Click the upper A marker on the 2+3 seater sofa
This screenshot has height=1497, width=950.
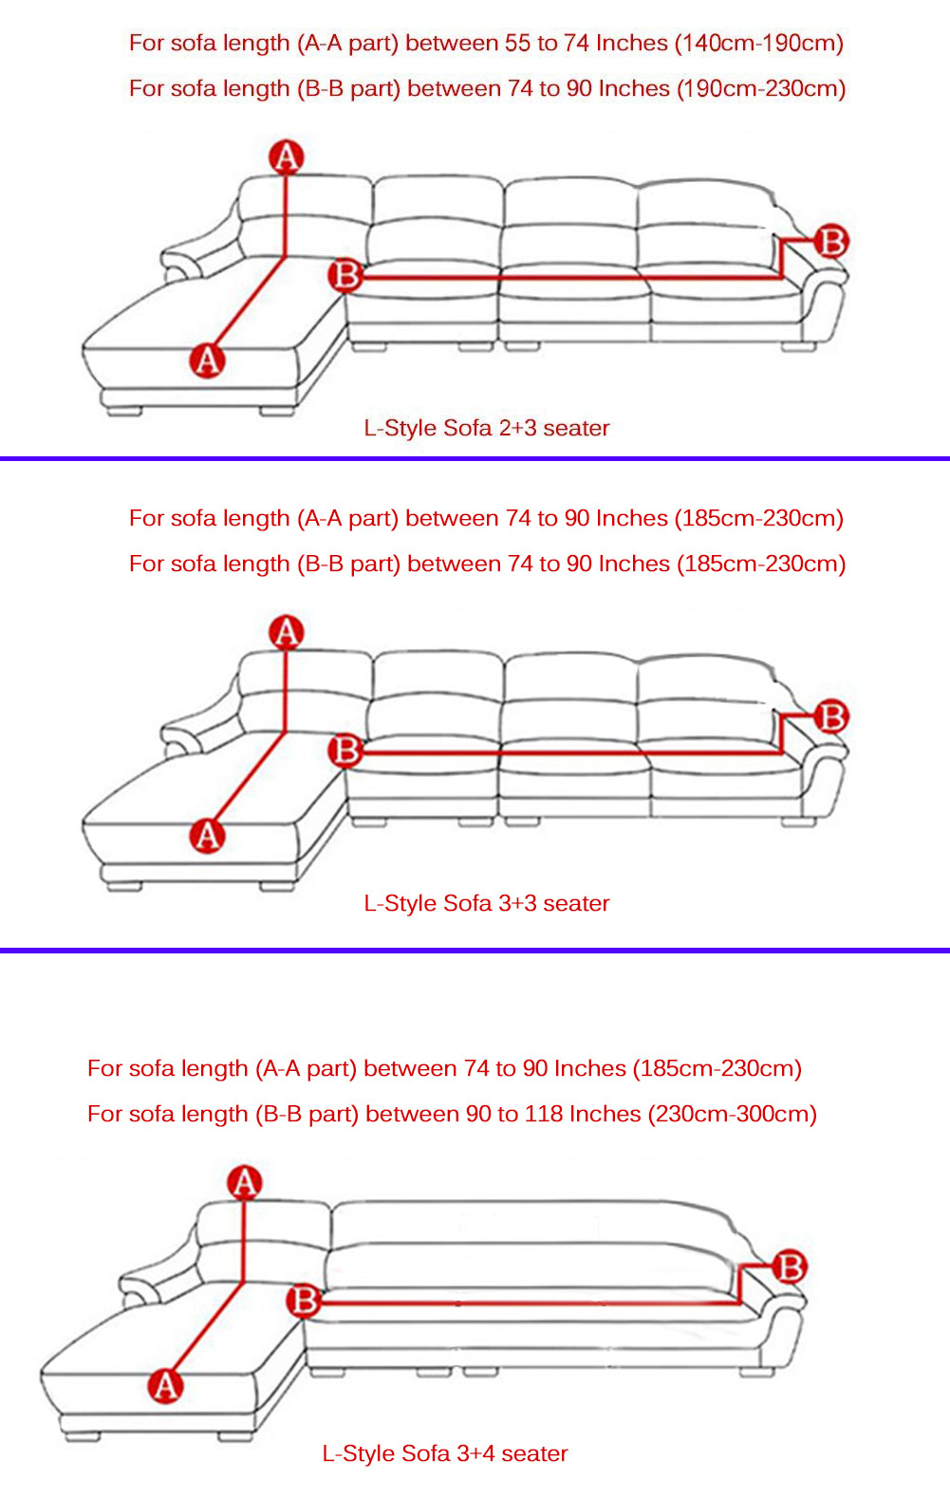pyautogui.click(x=286, y=157)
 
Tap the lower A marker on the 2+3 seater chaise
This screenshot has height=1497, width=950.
pyautogui.click(x=207, y=360)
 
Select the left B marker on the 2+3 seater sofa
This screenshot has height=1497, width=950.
pyautogui.click(x=345, y=275)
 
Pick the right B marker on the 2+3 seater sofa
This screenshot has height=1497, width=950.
pyautogui.click(x=831, y=241)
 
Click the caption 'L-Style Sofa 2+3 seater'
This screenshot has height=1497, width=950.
pyautogui.click(x=486, y=428)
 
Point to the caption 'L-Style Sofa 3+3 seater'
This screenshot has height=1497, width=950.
pyautogui.click(x=486, y=903)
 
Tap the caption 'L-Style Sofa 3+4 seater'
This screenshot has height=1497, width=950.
pyautogui.click(x=444, y=1453)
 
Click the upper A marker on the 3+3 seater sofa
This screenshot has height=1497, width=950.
pyautogui.click(x=286, y=632)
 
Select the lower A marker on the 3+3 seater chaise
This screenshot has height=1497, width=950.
pyautogui.click(x=207, y=836)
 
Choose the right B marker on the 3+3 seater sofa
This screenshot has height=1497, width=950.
pyautogui.click(x=831, y=716)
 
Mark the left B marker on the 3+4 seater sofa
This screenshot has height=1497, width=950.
pyautogui.click(x=305, y=1301)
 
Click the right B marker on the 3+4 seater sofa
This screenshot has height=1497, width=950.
pyautogui.click(x=791, y=1266)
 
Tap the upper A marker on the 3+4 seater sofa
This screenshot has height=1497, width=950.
pyautogui.click(x=245, y=1182)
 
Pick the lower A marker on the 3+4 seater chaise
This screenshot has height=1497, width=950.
pyautogui.click(x=166, y=1386)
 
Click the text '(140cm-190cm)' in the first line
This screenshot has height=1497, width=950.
pyautogui.click(x=759, y=44)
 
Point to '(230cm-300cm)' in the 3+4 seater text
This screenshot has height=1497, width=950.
pyautogui.click(x=732, y=1114)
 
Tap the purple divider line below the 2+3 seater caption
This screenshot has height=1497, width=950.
pyautogui.click(x=475, y=458)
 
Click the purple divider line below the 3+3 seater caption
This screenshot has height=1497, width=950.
pyautogui.click(x=475, y=950)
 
